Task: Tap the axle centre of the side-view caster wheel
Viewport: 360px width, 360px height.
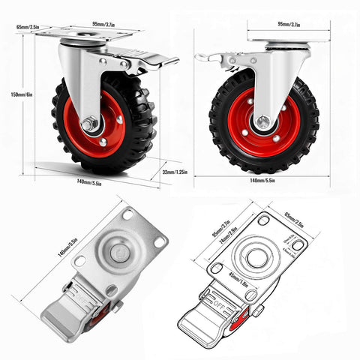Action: [262, 122]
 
